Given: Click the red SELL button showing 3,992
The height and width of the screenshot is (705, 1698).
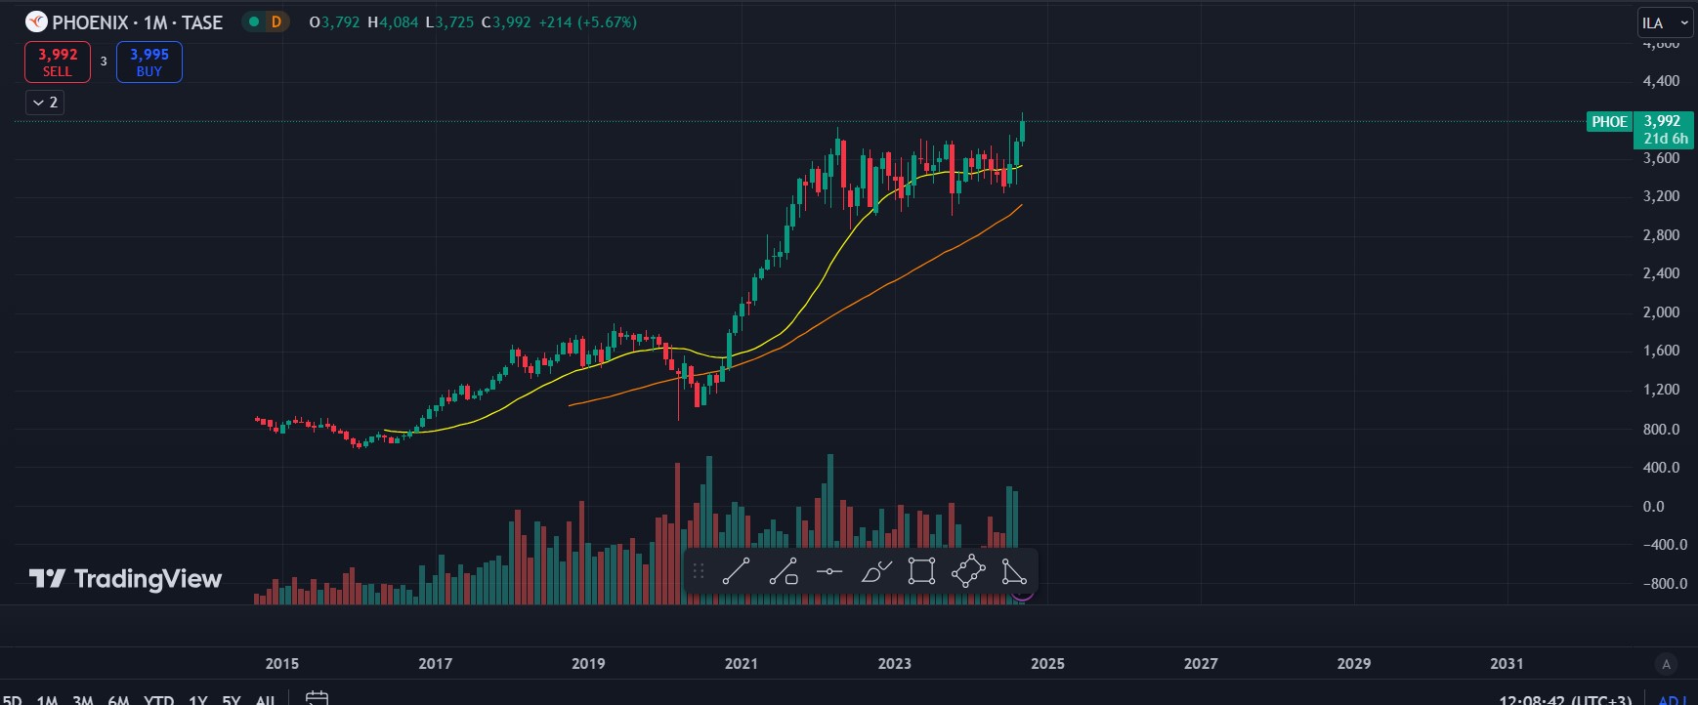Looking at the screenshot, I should click(58, 62).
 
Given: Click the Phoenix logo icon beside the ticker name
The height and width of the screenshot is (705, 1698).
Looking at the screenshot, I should click(36, 22).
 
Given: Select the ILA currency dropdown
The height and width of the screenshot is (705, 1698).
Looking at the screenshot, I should click(1665, 23).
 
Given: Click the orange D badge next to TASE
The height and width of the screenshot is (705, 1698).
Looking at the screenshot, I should click(276, 22).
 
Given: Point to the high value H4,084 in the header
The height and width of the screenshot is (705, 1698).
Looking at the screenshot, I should click(393, 22).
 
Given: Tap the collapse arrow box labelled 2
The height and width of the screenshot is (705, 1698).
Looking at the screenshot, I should click(45, 103).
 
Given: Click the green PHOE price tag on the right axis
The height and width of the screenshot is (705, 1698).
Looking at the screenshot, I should click(1609, 122).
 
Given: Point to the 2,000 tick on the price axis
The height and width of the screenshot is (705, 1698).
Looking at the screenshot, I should click(1661, 312).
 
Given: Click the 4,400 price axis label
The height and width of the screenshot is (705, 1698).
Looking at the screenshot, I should click(1661, 81).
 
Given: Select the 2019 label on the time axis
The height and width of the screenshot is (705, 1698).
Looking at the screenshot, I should click(588, 664).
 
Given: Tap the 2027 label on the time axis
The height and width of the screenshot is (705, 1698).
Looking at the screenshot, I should click(1201, 664).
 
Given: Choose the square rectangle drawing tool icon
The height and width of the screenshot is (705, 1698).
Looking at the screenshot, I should click(921, 571).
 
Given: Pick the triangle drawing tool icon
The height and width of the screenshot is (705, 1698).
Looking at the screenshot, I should click(1014, 571).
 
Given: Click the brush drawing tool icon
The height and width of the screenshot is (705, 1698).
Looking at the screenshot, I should click(876, 571).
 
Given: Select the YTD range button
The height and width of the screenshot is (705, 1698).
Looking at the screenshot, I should click(158, 699).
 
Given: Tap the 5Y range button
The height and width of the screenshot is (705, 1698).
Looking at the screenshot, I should click(232, 699).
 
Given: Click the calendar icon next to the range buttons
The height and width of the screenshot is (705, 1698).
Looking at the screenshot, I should click(317, 698).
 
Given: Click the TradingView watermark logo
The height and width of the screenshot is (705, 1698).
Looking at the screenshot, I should click(126, 579).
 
